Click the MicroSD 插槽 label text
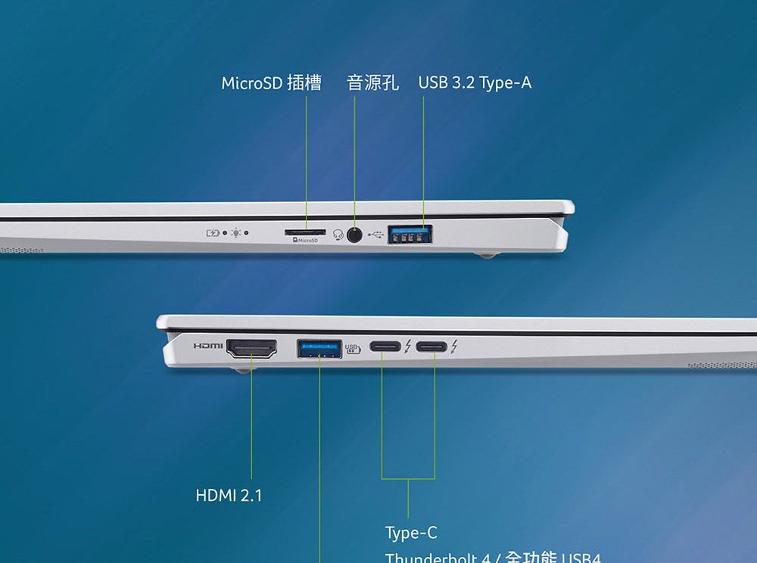point(271,83)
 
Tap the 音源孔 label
point(372,82)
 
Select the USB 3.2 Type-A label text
point(475,82)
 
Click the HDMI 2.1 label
point(229,496)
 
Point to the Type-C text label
point(411,533)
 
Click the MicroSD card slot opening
point(306,232)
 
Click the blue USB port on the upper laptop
point(410,235)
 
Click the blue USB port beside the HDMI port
point(319,349)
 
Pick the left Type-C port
point(385,348)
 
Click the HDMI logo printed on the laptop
point(208,346)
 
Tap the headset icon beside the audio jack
point(338,235)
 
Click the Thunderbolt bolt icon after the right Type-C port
point(453,347)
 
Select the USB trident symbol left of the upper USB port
point(376,235)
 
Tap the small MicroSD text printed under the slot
point(306,241)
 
